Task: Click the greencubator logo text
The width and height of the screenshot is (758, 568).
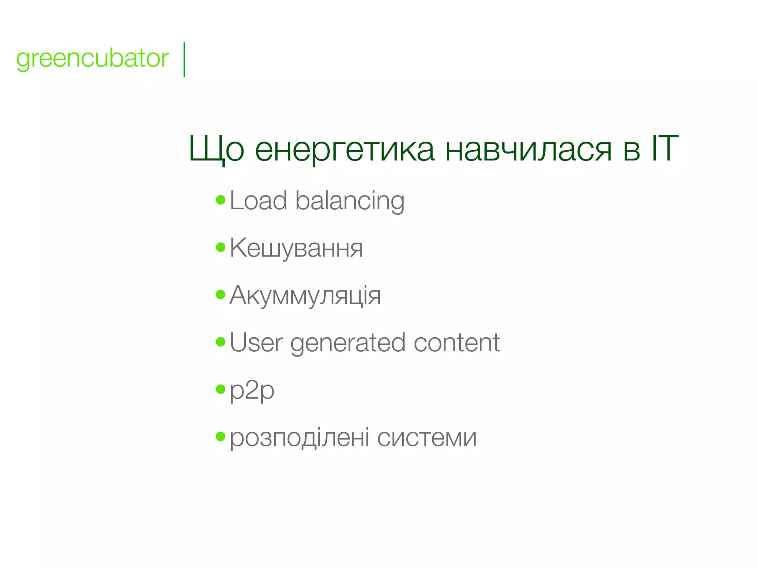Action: tap(93, 58)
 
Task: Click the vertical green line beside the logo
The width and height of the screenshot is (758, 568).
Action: tap(184, 60)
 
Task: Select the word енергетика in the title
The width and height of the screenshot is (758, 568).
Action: tap(344, 149)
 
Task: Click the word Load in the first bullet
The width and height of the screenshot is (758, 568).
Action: tap(258, 200)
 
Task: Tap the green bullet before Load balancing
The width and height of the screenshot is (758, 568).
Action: tap(221, 200)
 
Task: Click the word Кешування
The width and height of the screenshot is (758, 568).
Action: tap(296, 248)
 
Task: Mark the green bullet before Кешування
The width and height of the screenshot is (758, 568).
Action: tap(221, 247)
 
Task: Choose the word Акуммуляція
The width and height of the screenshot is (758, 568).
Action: tap(305, 295)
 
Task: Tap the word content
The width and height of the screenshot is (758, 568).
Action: tap(457, 342)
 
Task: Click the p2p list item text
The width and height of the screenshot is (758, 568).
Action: tap(252, 390)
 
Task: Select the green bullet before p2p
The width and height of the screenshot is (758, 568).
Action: tap(221, 389)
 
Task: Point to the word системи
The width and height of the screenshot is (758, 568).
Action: tap(427, 438)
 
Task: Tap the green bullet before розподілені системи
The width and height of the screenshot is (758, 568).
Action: tap(221, 436)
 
